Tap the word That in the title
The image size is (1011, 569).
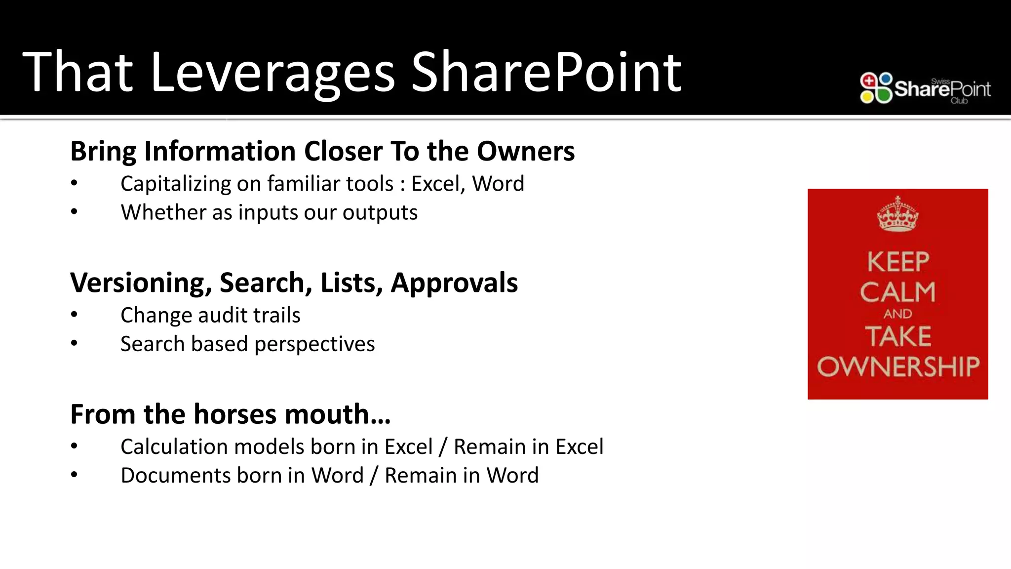click(x=78, y=73)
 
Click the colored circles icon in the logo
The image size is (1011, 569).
click(x=876, y=88)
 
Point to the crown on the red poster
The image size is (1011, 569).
click(x=897, y=214)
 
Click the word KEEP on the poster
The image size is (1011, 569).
click(x=898, y=262)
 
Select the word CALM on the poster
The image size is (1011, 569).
click(x=897, y=292)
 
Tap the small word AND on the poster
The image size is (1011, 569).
click(x=897, y=314)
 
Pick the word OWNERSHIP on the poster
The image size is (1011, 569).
click(x=898, y=366)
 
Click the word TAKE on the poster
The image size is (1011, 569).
click(x=898, y=336)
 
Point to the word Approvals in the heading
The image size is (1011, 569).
click(x=454, y=283)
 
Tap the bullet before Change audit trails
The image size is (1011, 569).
click(x=74, y=315)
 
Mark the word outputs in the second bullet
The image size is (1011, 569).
click(x=380, y=212)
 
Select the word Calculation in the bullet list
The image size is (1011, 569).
click(x=174, y=447)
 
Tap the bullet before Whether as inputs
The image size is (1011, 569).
click(x=74, y=212)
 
